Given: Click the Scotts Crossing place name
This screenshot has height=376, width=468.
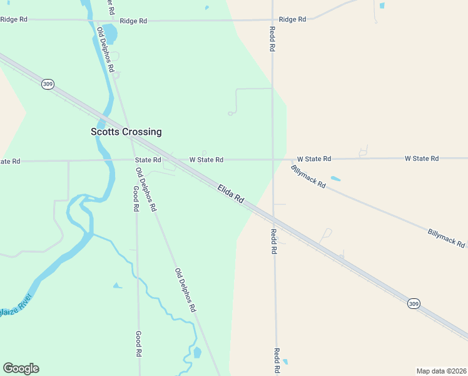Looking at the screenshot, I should tap(126, 132).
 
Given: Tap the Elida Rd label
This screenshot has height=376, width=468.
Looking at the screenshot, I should tap(231, 194).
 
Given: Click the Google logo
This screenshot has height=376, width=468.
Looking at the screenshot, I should tap(21, 368).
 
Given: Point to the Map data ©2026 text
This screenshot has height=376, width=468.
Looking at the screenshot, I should tap(441, 370).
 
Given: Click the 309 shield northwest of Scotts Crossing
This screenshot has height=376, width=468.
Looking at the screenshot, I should tap(48, 84).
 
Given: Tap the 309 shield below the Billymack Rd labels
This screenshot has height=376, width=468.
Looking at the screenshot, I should tap(414, 303).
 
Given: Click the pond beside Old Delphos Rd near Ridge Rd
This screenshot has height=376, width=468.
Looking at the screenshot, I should tap(109, 31).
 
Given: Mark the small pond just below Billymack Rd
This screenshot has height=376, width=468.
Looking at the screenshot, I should tap(335, 179).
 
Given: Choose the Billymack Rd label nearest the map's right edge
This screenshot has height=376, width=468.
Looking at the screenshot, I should tap(446, 238).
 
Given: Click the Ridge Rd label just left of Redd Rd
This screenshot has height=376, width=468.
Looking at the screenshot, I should tap(292, 19).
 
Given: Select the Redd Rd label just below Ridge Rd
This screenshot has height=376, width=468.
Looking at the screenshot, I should tap(273, 39).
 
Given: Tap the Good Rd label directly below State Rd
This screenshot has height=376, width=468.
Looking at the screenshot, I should tap(136, 198).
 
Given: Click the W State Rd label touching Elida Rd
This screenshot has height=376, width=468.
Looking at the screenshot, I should tap(206, 160).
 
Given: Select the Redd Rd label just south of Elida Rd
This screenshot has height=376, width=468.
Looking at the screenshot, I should tap(273, 241).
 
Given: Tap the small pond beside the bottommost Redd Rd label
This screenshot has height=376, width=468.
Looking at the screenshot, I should tap(285, 362).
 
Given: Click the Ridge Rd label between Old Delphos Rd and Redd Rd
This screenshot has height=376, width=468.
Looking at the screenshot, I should tap(133, 21).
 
